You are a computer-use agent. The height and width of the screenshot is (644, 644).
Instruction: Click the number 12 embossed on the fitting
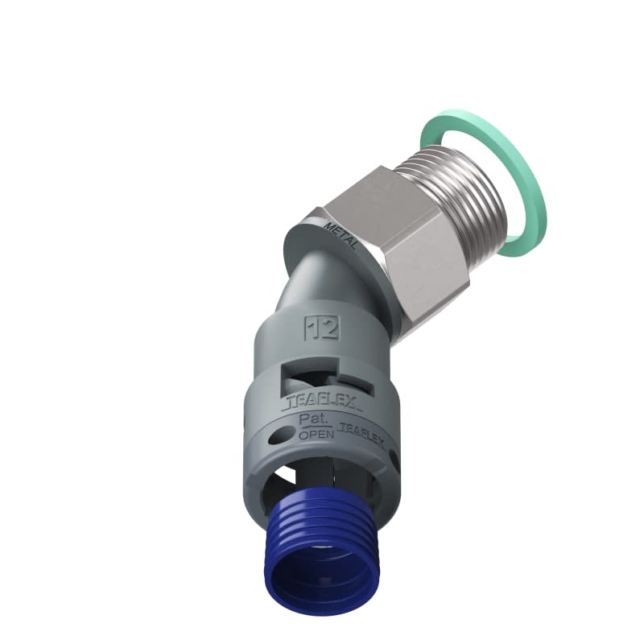point(320,328)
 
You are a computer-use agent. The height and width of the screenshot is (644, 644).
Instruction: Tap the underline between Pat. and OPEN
point(312,427)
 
